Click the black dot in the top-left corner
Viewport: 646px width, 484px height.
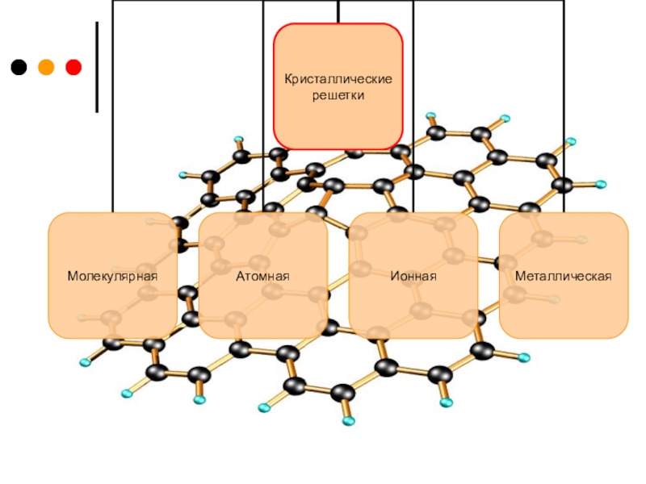tap(19, 67)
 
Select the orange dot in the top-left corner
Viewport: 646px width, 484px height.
tap(46, 67)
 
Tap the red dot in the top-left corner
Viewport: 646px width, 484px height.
tap(73, 67)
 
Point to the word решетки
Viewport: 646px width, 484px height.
tap(339, 95)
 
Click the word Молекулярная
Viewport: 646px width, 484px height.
tap(112, 277)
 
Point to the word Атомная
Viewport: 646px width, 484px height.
tap(263, 277)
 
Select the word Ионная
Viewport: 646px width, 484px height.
tap(413, 277)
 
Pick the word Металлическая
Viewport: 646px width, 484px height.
tap(564, 277)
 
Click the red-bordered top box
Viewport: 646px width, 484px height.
tap(338, 121)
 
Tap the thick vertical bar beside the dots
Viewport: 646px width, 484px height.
tap(97, 67)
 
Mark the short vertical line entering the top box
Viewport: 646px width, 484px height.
tap(338, 11)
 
